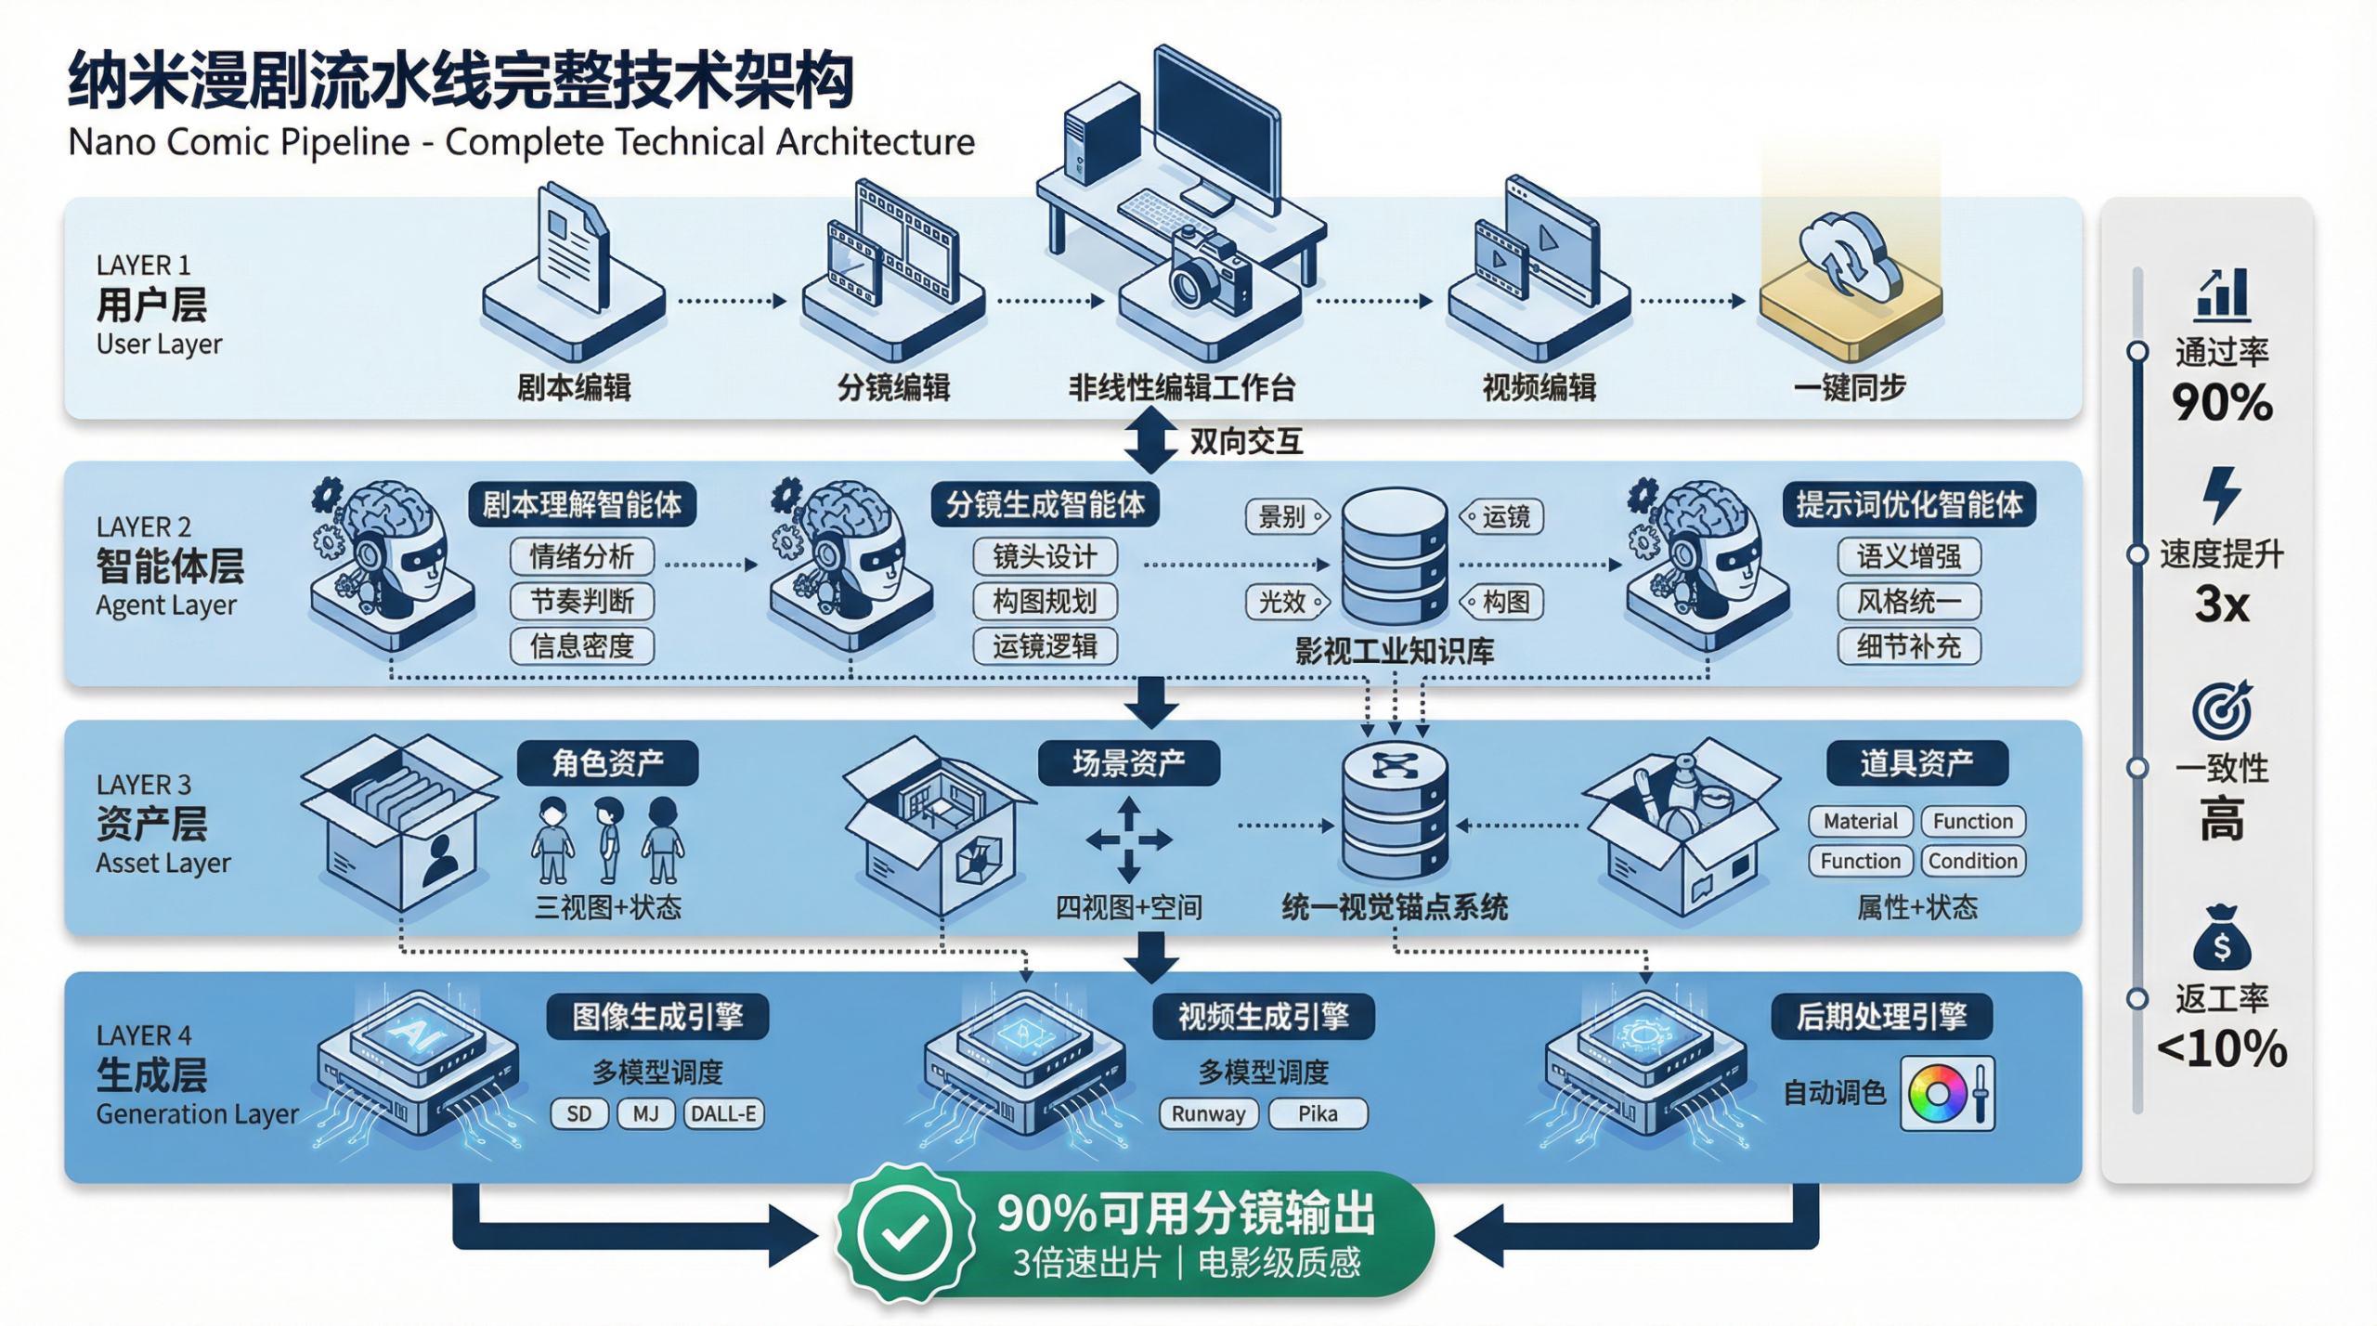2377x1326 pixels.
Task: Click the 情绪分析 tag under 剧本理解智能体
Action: (581, 556)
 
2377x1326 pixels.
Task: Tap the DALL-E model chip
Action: (723, 1113)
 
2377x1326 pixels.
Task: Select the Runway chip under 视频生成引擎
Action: (1208, 1113)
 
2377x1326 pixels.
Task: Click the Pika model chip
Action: (1318, 1113)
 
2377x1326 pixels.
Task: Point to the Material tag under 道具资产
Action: (1860, 821)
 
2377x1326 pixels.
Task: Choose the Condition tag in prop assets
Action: (1972, 861)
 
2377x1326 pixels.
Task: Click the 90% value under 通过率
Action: (2221, 403)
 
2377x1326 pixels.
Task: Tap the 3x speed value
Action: (2221, 604)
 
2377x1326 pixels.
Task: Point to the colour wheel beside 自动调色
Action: (1937, 1094)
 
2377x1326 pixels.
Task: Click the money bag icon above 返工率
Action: (2221, 938)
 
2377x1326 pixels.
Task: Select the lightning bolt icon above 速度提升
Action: (2221, 494)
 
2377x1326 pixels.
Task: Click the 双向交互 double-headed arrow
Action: (1150, 441)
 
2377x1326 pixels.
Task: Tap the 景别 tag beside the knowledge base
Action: (1285, 517)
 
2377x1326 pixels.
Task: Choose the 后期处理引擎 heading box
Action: (1881, 1016)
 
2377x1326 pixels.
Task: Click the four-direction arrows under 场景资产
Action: (1128, 840)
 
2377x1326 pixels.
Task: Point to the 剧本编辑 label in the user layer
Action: (574, 387)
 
